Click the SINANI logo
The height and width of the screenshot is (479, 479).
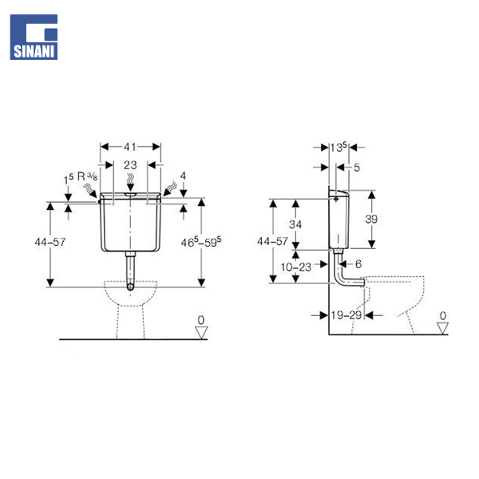tap(34, 37)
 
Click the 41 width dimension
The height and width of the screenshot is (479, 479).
tap(130, 147)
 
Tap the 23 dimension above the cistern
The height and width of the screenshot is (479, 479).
tap(130, 165)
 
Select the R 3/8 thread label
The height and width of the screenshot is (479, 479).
tap(87, 176)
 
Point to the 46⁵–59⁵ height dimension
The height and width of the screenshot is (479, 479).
tap(201, 242)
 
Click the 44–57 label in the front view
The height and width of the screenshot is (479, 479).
tap(50, 242)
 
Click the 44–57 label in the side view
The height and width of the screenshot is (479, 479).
tap(272, 241)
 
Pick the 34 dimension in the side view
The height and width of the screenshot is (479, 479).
tap(295, 224)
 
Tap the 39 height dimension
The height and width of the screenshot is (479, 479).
tap(371, 219)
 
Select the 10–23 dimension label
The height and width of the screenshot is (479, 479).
tap(296, 267)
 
